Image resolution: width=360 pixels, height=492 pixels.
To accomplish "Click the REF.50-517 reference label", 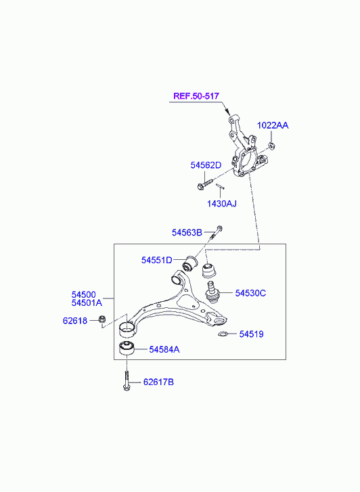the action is [x=196, y=96].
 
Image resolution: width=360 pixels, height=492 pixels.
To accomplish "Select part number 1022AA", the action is [x=273, y=125].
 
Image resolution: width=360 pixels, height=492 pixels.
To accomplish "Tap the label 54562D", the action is [x=206, y=165].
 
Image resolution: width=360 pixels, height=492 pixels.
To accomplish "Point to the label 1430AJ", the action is [x=221, y=204].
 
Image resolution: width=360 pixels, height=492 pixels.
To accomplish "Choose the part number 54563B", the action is [x=187, y=233].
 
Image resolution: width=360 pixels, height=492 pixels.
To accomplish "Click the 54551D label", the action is [x=156, y=260].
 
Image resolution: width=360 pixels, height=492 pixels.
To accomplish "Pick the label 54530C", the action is [x=250, y=293].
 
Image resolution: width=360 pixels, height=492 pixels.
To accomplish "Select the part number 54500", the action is [x=83, y=294].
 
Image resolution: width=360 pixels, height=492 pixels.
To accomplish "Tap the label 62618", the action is [x=75, y=321].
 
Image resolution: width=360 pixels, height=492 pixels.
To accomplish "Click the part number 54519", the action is [x=252, y=334].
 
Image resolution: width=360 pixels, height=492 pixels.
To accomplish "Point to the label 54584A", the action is [x=164, y=350].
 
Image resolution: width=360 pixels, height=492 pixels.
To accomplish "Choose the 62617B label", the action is [x=158, y=382].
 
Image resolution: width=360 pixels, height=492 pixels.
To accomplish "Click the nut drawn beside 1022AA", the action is [x=272, y=146].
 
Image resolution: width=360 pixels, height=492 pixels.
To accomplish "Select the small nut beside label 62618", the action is [x=102, y=319].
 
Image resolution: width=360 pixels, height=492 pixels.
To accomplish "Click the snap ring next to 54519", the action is [x=223, y=334].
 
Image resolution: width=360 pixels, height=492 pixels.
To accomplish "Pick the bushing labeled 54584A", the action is [x=127, y=349].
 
